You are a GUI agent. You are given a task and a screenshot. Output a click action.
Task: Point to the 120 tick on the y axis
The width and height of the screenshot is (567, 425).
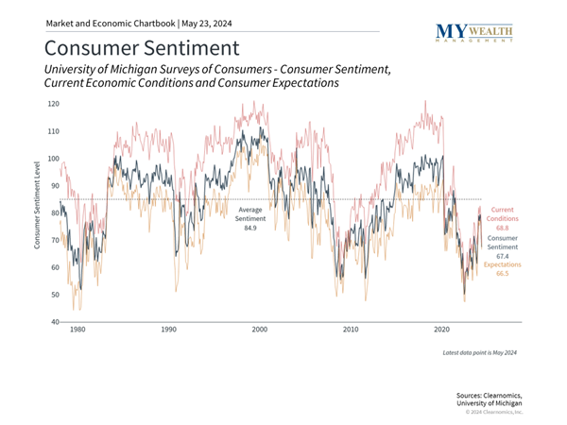pyautogui.click(x=53, y=105)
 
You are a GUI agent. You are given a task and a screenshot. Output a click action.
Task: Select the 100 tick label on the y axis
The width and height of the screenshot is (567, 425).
pyautogui.click(x=53, y=159)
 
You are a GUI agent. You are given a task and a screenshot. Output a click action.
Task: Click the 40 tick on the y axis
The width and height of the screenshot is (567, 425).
pyautogui.click(x=55, y=322)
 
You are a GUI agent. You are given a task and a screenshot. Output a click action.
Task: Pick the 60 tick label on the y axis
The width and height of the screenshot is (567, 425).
pyautogui.click(x=55, y=267)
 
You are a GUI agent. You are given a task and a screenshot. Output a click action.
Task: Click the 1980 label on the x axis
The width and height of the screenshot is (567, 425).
pyautogui.click(x=77, y=331)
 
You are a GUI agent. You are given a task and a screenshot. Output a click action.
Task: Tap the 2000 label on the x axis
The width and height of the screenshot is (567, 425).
pyautogui.click(x=260, y=331)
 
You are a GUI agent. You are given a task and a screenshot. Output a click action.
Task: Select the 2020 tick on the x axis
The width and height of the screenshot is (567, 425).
pyautogui.click(x=442, y=331)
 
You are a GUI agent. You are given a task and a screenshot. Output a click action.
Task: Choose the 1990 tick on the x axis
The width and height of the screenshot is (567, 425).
pyautogui.click(x=168, y=331)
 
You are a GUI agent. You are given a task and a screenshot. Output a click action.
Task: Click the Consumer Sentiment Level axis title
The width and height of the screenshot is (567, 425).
pyautogui.click(x=37, y=205)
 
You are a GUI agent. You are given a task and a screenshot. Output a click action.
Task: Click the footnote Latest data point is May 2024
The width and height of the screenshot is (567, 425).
pyautogui.click(x=479, y=352)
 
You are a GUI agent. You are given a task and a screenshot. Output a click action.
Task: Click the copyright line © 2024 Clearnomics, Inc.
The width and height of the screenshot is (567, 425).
pyautogui.click(x=492, y=413)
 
